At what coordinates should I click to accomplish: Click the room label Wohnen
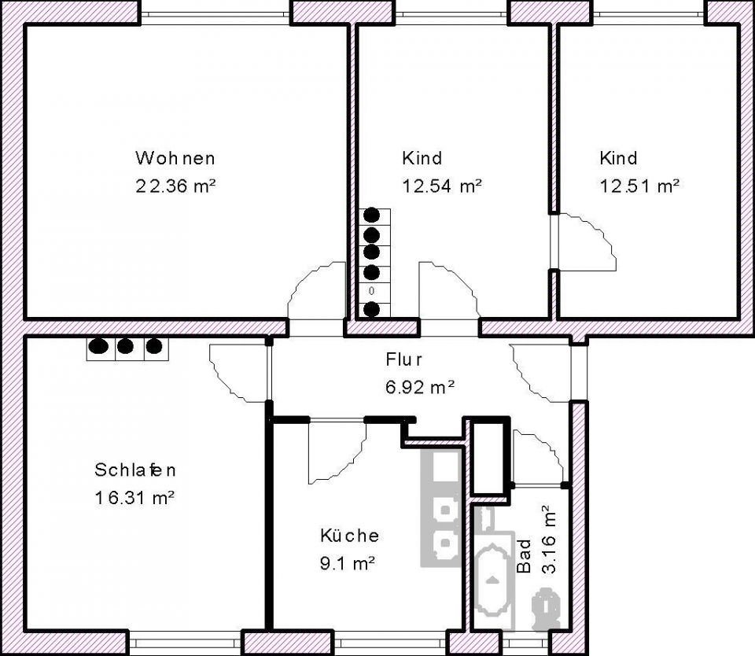(x=175, y=158)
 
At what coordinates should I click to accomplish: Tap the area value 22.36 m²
(x=175, y=186)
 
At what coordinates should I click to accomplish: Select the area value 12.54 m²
(x=442, y=186)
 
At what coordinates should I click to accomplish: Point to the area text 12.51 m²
(x=639, y=186)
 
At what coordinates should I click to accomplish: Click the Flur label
(x=404, y=359)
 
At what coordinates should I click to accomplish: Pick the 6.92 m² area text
(x=420, y=386)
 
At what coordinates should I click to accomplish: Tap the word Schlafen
(x=135, y=470)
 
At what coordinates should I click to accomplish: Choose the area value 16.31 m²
(x=134, y=498)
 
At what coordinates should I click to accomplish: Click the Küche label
(x=349, y=535)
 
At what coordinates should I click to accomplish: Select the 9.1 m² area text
(x=348, y=563)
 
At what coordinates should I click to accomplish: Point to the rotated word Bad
(x=524, y=556)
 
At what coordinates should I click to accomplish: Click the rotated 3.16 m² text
(x=548, y=539)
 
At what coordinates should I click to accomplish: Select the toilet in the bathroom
(x=546, y=608)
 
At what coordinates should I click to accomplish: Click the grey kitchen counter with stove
(x=442, y=508)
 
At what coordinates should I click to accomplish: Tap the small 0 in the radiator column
(x=371, y=291)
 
